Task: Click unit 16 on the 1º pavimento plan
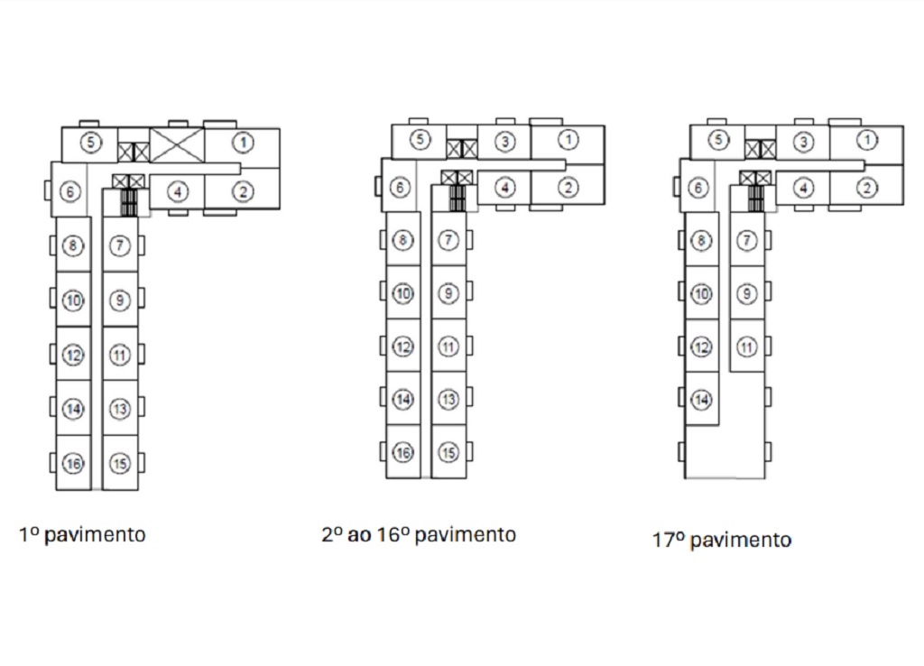[x=74, y=463]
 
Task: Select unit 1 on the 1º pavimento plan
[x=242, y=143]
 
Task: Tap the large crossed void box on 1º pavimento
[x=178, y=145]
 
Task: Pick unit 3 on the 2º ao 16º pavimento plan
[x=504, y=142]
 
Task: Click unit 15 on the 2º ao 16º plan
[x=448, y=452]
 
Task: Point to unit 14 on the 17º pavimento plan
[x=701, y=400]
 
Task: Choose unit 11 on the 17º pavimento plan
[x=746, y=347]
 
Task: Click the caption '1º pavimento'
[x=82, y=534]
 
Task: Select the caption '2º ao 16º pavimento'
[x=419, y=534]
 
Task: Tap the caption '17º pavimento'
[x=722, y=540]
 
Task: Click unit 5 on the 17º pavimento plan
[x=717, y=140]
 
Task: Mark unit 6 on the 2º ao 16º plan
[x=400, y=188]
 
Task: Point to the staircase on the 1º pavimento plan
[x=128, y=203]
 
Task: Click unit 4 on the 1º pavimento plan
[x=178, y=191]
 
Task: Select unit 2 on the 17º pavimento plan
[x=866, y=188]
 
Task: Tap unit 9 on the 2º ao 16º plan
[x=448, y=293]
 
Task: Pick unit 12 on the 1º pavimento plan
[x=74, y=355]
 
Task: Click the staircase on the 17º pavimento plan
[x=755, y=198]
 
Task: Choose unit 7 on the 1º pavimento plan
[x=120, y=245]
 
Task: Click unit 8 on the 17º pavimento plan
[x=701, y=240]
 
